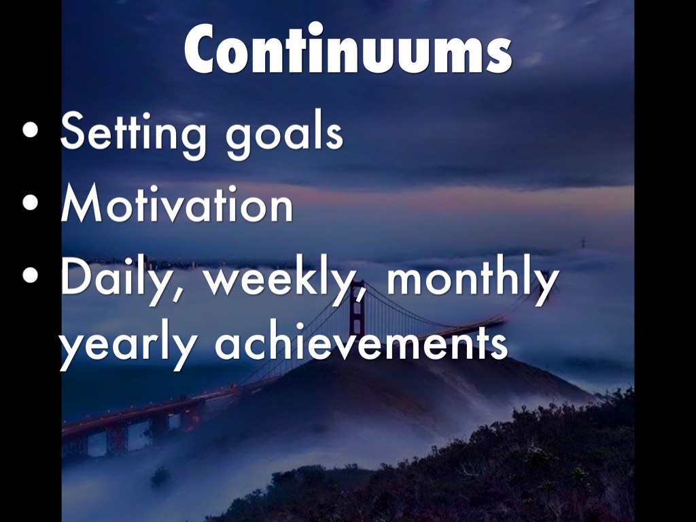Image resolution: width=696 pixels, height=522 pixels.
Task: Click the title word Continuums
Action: coord(348,48)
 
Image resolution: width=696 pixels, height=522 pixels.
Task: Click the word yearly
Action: coord(128,346)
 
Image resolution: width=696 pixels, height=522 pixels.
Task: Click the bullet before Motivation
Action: coord(30,203)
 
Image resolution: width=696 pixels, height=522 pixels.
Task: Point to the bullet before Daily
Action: coord(30,275)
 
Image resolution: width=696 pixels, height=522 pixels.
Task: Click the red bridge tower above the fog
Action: coord(357,308)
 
